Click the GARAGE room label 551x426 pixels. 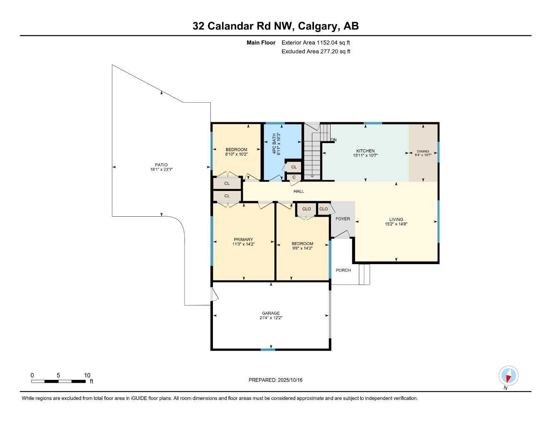[x=271, y=313]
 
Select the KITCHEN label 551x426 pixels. [x=365, y=151]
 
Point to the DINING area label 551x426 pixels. [x=423, y=151]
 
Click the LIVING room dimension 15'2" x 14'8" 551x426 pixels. [x=396, y=224]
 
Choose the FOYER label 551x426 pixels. [x=343, y=219]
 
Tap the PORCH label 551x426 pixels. [x=343, y=270]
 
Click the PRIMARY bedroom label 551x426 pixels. [x=243, y=240]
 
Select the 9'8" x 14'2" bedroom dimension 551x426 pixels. [x=302, y=248]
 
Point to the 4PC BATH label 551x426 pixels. [x=274, y=144]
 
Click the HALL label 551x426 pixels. [x=299, y=191]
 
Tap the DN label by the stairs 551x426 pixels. [x=333, y=140]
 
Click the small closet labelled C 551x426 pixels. [x=294, y=177]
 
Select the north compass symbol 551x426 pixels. [x=508, y=376]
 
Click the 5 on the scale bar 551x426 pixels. [x=58, y=375]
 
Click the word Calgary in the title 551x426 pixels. [x=319, y=26]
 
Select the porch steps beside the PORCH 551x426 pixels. [x=364, y=275]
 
